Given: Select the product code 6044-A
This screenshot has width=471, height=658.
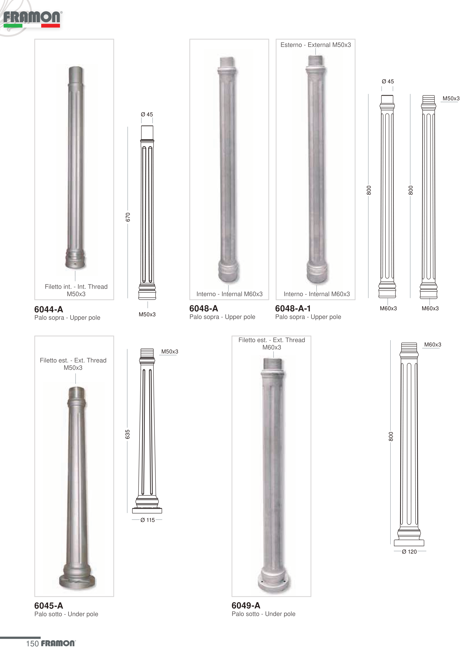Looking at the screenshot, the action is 49,309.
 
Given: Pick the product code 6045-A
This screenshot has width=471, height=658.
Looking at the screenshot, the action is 49,606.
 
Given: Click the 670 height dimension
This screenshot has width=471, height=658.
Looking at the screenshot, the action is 128,217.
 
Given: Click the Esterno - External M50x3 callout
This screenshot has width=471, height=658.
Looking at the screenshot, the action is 316,45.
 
